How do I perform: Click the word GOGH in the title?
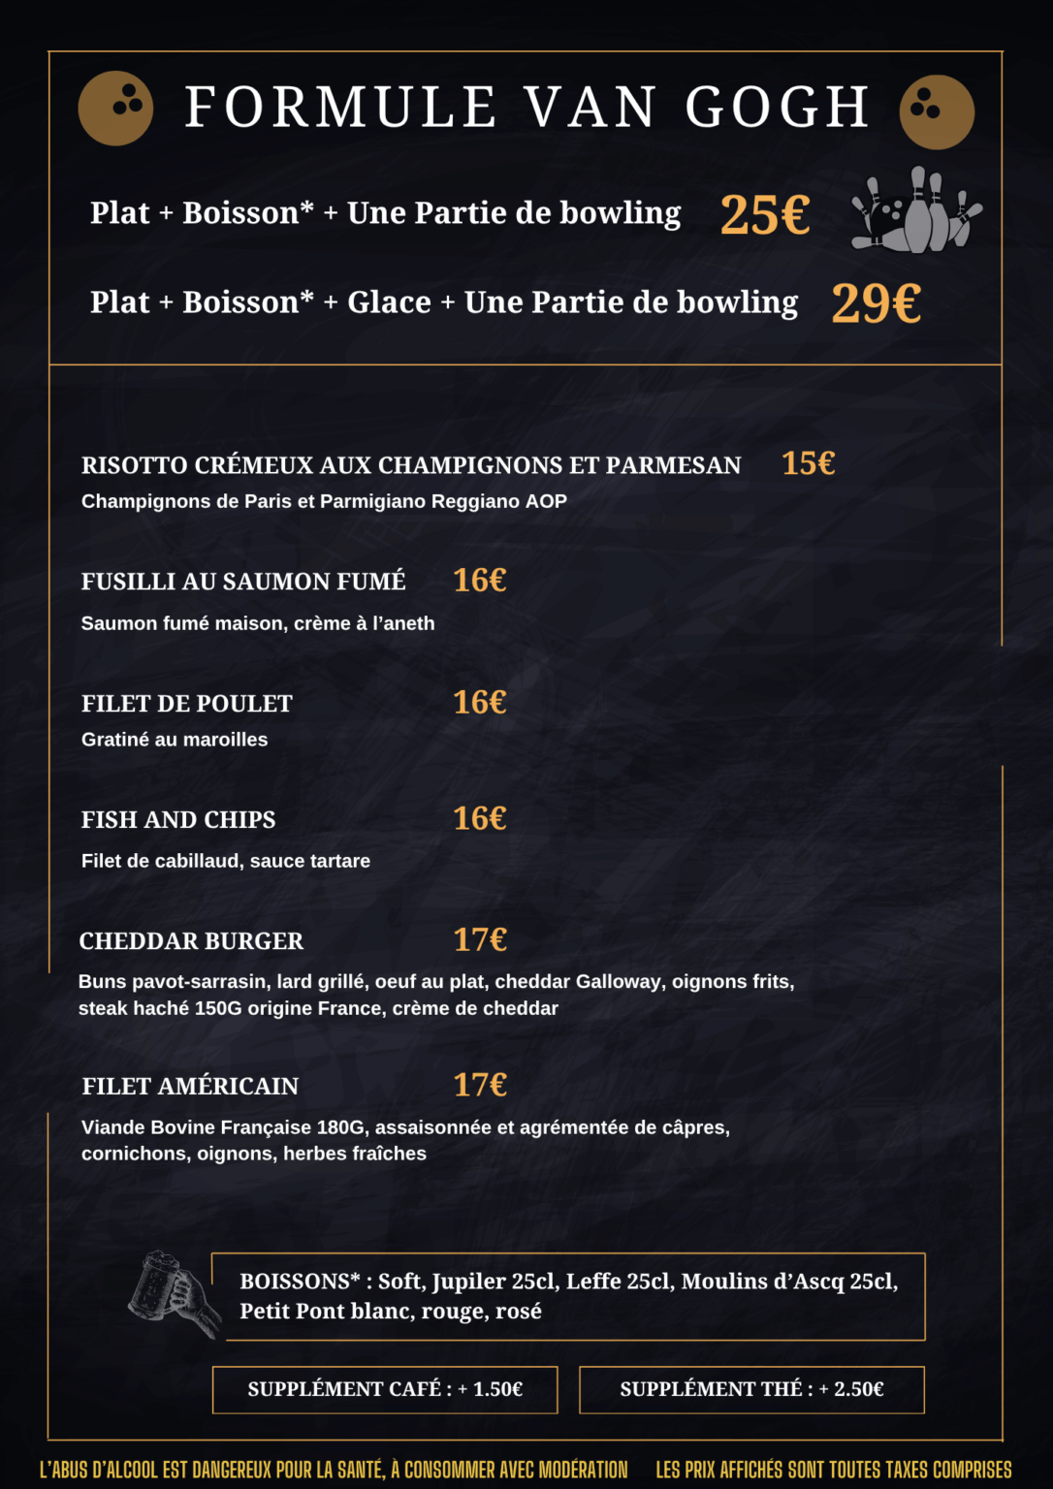[x=777, y=107]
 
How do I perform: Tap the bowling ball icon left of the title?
[x=115, y=108]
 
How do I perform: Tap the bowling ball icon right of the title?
[x=937, y=111]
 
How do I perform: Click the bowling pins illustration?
[x=916, y=212]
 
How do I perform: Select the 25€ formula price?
[x=765, y=214]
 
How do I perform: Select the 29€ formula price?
[x=877, y=303]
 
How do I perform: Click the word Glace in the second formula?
[x=389, y=302]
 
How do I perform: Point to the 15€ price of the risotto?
[x=808, y=463]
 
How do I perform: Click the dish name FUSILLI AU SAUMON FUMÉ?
[x=243, y=582]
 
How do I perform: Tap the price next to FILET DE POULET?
[x=480, y=702]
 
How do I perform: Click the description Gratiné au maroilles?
[x=175, y=740]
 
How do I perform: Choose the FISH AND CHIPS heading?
[x=178, y=820]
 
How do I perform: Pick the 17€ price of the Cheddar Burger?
[x=480, y=939]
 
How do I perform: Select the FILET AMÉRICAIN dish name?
[x=190, y=1087]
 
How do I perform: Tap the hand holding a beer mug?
[x=173, y=1294]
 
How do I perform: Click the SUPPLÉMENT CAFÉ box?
[x=385, y=1389]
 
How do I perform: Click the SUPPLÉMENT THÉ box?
[x=751, y=1389]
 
